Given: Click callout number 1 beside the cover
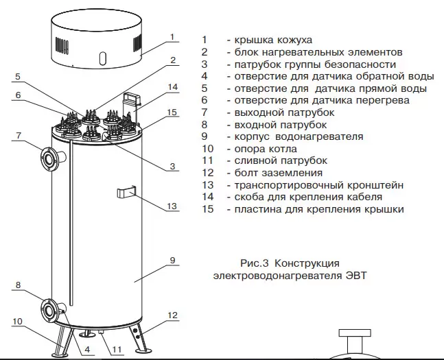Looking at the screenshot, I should [x=173, y=37].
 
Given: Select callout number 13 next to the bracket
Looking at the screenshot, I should [x=172, y=206].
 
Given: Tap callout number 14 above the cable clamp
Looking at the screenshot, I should [x=173, y=87].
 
